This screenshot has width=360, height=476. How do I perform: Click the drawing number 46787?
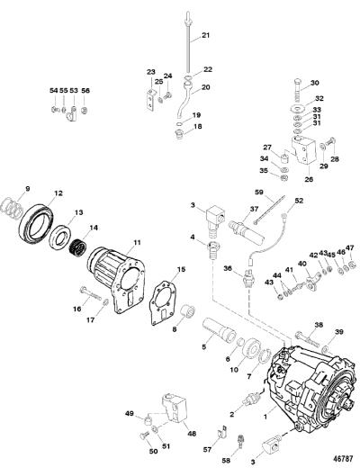pyautogui.click(x=342, y=458)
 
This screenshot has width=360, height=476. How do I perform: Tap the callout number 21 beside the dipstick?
pyautogui.click(x=205, y=35)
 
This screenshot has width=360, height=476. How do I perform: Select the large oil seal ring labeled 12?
pyautogui.click(x=36, y=220)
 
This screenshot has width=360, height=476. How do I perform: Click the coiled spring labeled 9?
pyautogui.click(x=12, y=207)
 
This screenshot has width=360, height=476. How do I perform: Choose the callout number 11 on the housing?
pyautogui.click(x=137, y=242)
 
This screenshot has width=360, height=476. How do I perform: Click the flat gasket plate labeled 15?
pyautogui.click(x=164, y=303)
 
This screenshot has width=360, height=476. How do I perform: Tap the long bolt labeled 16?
pyautogui.click(x=91, y=293)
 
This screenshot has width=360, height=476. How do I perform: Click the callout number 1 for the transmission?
pyautogui.click(x=265, y=417)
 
